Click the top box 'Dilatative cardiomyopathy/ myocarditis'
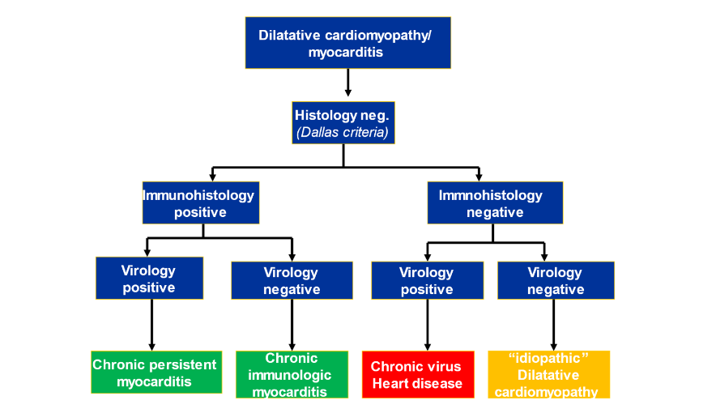click(x=347, y=43)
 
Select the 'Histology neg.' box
click(x=343, y=122)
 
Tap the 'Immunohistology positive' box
click(x=201, y=203)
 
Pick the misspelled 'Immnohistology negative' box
click(x=495, y=203)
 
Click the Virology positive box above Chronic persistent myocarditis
click(x=149, y=279)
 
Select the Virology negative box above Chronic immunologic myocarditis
click(x=292, y=280)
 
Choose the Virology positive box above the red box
click(x=427, y=280)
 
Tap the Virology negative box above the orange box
click(x=555, y=280)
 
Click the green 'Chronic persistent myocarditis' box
click(x=155, y=373)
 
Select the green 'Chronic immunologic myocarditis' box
click(x=292, y=374)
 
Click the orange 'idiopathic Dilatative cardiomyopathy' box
click(x=549, y=374)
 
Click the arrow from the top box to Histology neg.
click(x=347, y=83)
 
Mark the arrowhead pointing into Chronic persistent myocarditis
click(x=151, y=346)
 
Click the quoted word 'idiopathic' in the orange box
click(x=549, y=359)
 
